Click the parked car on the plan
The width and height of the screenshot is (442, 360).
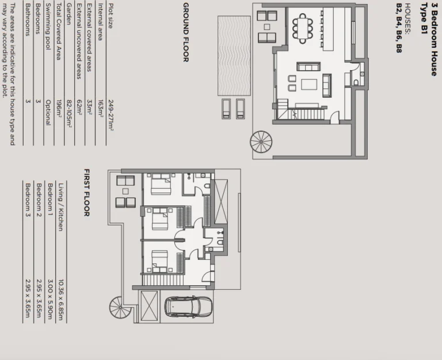tap(188, 307)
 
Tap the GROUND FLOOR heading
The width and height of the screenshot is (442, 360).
tap(186, 32)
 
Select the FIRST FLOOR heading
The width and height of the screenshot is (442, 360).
tap(87, 193)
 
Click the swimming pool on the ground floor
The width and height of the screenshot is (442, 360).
tap(234, 56)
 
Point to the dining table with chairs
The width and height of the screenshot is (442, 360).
tap(303, 28)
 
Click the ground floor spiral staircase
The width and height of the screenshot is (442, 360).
tap(261, 141)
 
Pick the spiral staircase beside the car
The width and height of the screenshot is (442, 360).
tap(120, 307)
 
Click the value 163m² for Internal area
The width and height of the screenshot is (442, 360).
tap(100, 108)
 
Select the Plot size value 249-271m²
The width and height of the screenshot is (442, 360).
tap(110, 115)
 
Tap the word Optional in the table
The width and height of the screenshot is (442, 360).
tap(48, 113)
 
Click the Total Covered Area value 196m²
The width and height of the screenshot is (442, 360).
tap(59, 108)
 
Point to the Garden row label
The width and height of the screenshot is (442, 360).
tap(69, 14)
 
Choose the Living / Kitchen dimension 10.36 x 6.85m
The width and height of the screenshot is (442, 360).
tap(60, 300)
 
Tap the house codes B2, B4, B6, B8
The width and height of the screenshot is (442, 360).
tap(399, 28)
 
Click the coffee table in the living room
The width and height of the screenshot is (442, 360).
tap(309, 85)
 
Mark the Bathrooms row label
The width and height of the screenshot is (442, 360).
tap(28, 20)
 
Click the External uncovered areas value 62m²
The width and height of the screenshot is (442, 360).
tap(79, 108)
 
